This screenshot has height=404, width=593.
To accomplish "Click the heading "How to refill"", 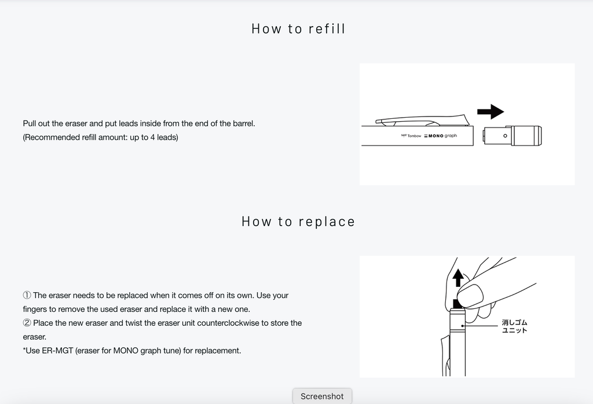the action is coord(298,29).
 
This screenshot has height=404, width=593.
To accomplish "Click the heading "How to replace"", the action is coord(298,221).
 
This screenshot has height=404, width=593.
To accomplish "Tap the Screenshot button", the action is coord(322,396).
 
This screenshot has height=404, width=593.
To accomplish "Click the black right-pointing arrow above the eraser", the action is coord(490,112).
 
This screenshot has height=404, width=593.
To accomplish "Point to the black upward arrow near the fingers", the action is coord(458,278).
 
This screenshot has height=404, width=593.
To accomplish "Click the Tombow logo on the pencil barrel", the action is coord(411,136).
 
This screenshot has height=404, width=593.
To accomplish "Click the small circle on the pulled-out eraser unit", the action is coord(505,136).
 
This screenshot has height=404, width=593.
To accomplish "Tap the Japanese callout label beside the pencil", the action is coord(514,326).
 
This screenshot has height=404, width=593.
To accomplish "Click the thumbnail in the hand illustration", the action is coord(470,295).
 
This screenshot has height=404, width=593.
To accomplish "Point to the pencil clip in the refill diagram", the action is coord(422,121).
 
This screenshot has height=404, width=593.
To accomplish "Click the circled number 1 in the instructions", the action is coord(27,296).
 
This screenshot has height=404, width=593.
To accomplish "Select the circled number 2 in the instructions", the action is coord(27,323).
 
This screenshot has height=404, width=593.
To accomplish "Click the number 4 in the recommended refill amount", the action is coord(152,137).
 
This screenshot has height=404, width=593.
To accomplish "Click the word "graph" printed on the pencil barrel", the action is coord(451,136).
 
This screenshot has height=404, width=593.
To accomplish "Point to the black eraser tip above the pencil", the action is coord(457,303).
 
